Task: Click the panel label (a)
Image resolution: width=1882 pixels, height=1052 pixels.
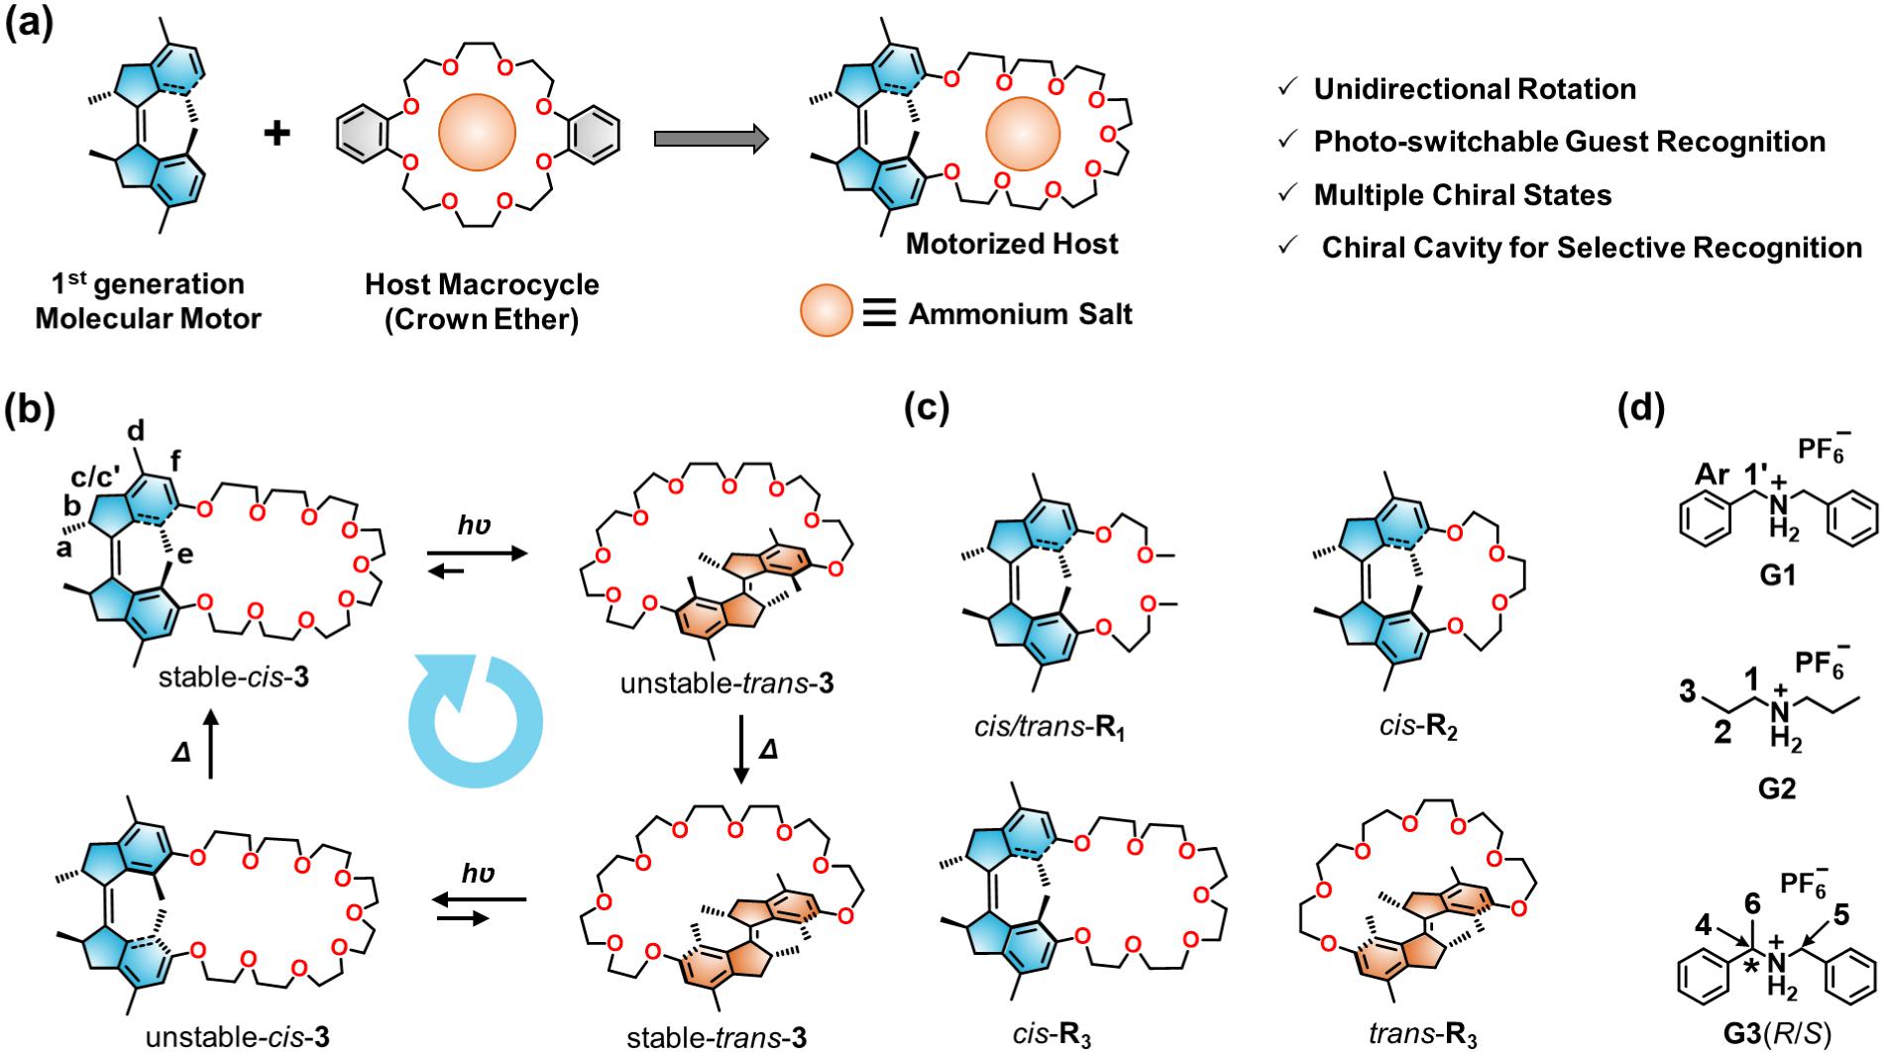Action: tap(31, 21)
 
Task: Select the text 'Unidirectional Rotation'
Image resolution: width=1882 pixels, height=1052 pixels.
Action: tap(1475, 89)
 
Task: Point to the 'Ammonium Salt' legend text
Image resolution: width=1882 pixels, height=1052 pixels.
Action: tap(1021, 315)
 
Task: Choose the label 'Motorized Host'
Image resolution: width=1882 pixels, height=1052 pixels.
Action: tap(1012, 244)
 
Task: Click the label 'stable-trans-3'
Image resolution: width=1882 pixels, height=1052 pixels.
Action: tap(717, 1037)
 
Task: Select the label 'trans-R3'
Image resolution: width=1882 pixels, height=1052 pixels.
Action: tap(1423, 1036)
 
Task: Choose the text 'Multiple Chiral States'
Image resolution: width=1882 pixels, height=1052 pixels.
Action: tap(1463, 195)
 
